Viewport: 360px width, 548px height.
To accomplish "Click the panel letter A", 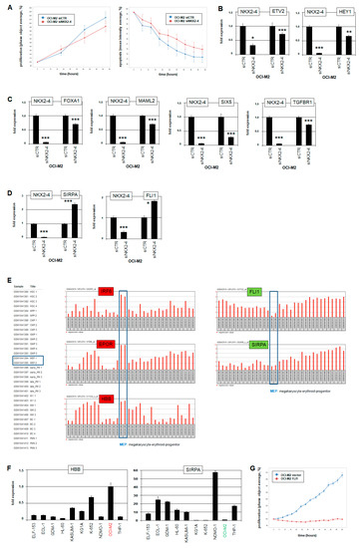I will pyautogui.click(x=5, y=5).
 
